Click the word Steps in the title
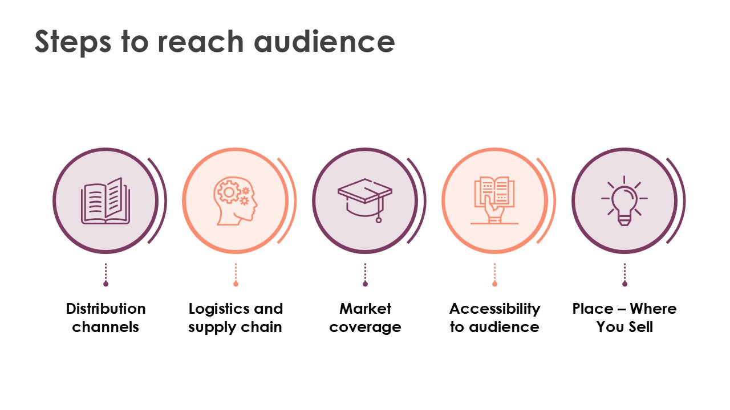click(73, 42)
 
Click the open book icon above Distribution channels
click(106, 201)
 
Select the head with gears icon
click(236, 201)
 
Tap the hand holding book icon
click(494, 200)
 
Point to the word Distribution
click(106, 309)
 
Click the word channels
click(106, 327)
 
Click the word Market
click(365, 309)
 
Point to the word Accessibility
click(494, 309)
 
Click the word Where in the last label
click(653, 309)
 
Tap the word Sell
click(640, 327)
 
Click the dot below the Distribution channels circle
click(106, 284)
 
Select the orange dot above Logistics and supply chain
click(236, 284)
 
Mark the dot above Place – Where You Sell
click(624, 284)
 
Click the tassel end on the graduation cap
click(378, 220)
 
